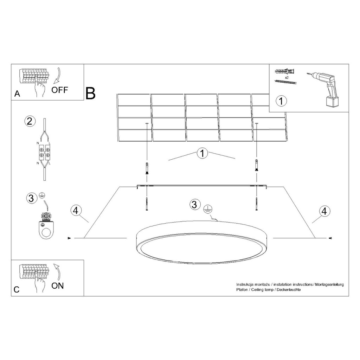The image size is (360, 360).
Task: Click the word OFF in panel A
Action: tap(60, 90)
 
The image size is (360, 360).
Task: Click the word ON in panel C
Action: tap(57, 286)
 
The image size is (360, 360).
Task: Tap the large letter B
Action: tap(90, 94)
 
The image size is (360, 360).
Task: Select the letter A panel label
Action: tap(17, 94)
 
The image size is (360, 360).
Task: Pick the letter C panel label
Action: tap(17, 290)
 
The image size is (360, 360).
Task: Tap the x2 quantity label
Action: tap(287, 78)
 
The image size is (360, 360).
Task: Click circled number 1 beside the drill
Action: tap(281, 101)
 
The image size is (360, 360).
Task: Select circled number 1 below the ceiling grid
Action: tap(202, 153)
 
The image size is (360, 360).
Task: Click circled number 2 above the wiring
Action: tap(30, 121)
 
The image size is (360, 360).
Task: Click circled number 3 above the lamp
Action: tap(194, 204)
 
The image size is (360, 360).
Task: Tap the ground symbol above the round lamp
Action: tap(208, 209)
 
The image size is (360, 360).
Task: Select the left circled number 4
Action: tap(76, 210)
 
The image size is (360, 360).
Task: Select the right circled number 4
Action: tap(324, 211)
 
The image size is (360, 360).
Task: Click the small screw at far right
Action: tap(331, 238)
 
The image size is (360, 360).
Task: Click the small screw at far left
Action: tap(69, 238)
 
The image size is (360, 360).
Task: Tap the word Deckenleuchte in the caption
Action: tap(289, 290)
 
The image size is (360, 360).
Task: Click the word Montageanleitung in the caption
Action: tap(329, 284)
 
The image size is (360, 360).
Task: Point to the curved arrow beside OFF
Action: tap(57, 76)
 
